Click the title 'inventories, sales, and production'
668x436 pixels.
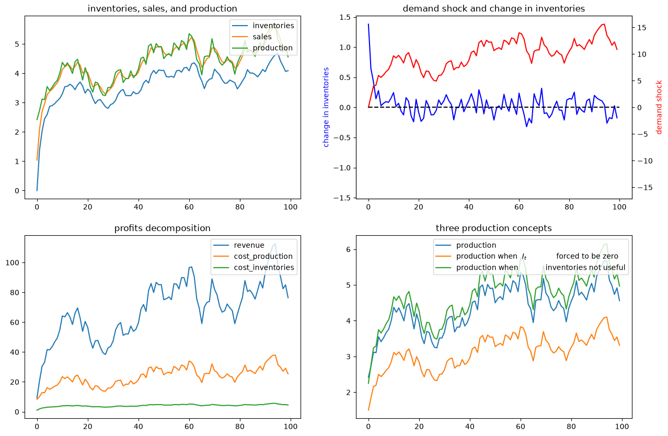[162, 9]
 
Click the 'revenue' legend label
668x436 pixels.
[249, 245]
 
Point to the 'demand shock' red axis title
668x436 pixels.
[659, 107]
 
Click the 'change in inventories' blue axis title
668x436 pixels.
[326, 107]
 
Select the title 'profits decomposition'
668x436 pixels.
[162, 228]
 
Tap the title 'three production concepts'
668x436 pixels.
[493, 228]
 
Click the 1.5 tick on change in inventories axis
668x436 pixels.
[346, 17]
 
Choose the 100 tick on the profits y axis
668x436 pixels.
[13, 263]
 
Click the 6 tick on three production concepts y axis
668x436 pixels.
[348, 249]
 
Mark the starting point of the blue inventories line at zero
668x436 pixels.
[37, 191]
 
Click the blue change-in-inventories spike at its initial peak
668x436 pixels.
[368, 24]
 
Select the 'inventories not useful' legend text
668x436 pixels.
[585, 268]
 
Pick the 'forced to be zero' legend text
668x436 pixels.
[587, 256]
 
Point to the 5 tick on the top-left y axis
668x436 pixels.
[17, 44]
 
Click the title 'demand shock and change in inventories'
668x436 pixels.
[493, 9]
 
